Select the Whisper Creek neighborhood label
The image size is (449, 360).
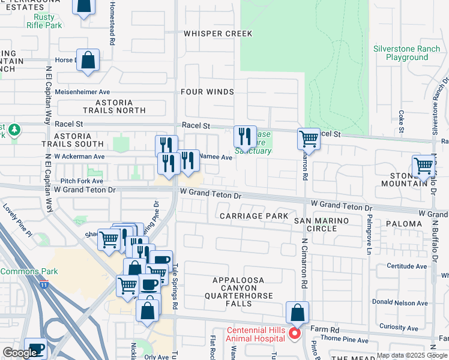point(218,34)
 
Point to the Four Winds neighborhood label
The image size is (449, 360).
point(207,92)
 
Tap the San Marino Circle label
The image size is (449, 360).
point(324,224)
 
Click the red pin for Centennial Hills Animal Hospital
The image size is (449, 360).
point(294,334)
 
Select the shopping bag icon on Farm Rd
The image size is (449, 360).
point(297,313)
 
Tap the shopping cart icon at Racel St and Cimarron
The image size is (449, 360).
point(309,139)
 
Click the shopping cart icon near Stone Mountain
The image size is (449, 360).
point(424,165)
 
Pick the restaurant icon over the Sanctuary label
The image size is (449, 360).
point(245,137)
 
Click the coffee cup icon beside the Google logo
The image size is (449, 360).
point(35,349)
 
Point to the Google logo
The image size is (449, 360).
point(19,353)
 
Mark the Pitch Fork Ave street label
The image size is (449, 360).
point(82,180)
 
